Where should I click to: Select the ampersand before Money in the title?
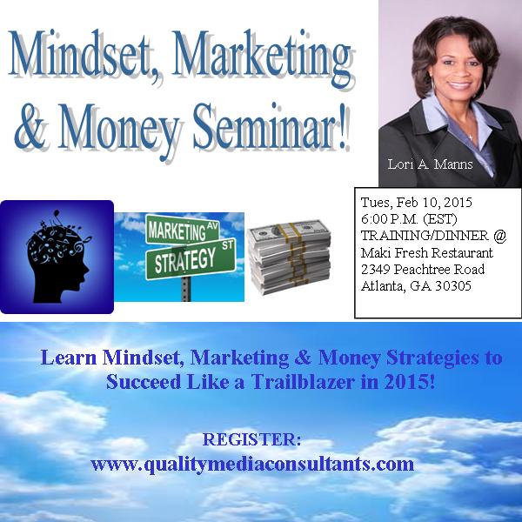click(30, 128)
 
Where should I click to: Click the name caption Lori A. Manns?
click(430, 164)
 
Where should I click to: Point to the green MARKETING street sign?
click(183, 230)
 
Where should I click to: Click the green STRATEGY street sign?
click(191, 258)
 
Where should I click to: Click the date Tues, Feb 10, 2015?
click(416, 203)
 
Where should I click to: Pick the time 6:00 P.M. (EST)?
click(409, 219)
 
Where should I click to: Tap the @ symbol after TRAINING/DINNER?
click(499, 236)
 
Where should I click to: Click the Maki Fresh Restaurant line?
click(426, 252)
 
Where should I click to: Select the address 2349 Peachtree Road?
click(423, 270)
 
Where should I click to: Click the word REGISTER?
click(251, 439)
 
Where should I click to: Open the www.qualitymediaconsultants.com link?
click(252, 464)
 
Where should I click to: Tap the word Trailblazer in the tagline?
click(302, 382)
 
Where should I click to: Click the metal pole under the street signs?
click(186, 289)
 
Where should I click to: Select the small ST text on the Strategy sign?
click(228, 245)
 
